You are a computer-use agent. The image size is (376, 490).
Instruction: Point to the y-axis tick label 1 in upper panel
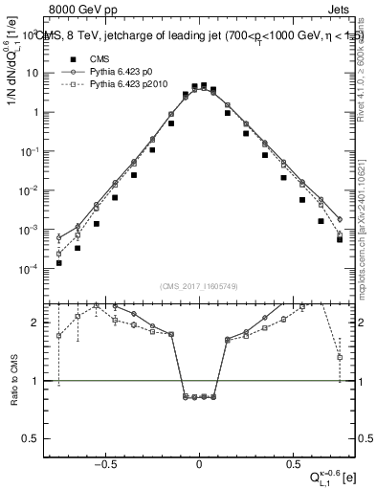tap(37, 112)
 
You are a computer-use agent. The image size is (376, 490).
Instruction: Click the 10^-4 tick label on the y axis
tap(31, 269)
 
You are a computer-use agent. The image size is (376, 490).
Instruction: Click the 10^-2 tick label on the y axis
tap(31, 190)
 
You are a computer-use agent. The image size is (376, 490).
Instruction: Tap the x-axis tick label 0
tap(198, 465)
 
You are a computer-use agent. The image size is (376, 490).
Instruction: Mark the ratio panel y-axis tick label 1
tap(37, 381)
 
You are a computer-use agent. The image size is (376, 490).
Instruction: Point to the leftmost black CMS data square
tap(58, 263)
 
